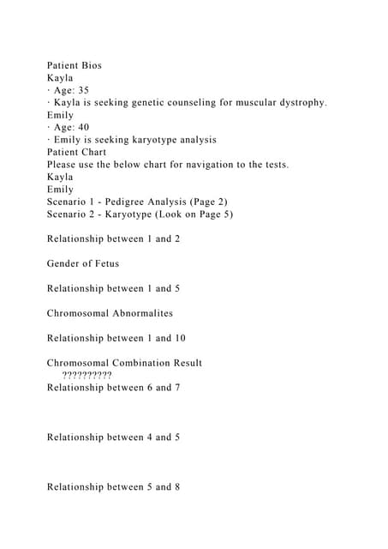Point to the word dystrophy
(x=296, y=102)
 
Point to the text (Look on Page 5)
(x=193, y=214)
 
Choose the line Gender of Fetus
(x=83, y=263)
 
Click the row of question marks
(x=87, y=375)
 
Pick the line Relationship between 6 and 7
(x=113, y=388)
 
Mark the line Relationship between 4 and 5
(x=113, y=437)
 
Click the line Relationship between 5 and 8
(x=113, y=487)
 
